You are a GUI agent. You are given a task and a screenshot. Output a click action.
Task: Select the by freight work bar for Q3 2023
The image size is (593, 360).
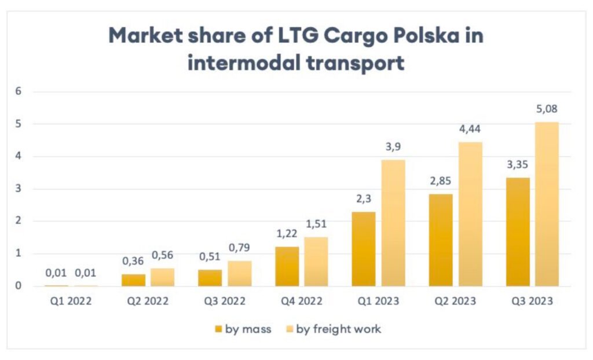pos(547,204)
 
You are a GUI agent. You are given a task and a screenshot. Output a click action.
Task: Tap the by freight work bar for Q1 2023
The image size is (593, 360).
pos(393,223)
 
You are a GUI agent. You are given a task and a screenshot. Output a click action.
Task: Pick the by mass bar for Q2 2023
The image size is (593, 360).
pos(441,240)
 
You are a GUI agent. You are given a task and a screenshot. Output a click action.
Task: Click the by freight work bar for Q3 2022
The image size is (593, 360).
pos(239,273)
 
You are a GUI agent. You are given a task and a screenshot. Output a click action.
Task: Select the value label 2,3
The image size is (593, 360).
pos(363,200)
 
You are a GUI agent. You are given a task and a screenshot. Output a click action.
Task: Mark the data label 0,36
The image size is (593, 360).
pos(133,262)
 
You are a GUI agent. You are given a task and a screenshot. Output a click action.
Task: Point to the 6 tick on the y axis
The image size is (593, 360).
pos(18,91)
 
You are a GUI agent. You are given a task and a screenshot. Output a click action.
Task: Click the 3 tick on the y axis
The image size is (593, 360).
pos(18,189)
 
